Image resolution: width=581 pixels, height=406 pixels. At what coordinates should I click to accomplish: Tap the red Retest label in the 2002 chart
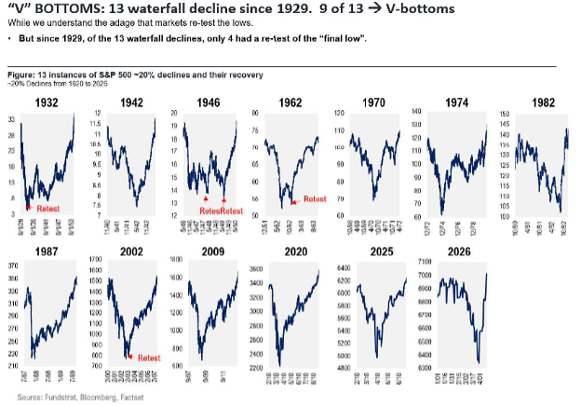(149, 358)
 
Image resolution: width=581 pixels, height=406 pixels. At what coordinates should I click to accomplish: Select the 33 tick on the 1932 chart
(10, 122)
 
